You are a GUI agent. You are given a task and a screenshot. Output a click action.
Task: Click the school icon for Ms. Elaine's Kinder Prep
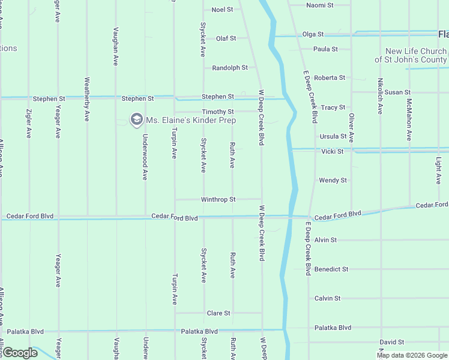pyautogui.click(x=136, y=120)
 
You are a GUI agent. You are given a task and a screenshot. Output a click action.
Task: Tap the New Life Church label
pyautogui.click(x=416, y=56)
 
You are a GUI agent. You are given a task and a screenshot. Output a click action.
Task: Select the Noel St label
pyautogui.click(x=221, y=10)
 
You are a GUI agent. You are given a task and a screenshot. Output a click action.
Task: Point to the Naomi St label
pyautogui.click(x=319, y=5)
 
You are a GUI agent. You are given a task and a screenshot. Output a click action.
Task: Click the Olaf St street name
pyautogui.click(x=226, y=38)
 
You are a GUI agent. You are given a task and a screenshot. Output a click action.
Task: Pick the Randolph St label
pyautogui.click(x=230, y=68)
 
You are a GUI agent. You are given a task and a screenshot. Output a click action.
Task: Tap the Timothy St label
pyautogui.click(x=217, y=112)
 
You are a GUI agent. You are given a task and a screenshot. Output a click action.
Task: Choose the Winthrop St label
pyautogui.click(x=218, y=199)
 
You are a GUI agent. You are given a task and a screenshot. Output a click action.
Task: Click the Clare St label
pyautogui.click(x=218, y=313)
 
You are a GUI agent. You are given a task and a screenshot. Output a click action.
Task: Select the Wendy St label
pyautogui.click(x=333, y=180)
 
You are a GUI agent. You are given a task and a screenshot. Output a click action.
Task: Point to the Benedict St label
pyautogui.click(x=331, y=269)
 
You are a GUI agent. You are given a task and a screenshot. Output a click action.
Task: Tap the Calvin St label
pyautogui.click(x=327, y=298)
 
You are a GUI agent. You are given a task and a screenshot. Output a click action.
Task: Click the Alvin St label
pyautogui.click(x=325, y=239)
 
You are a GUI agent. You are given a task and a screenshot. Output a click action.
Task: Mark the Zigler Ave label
pyautogui.click(x=29, y=124)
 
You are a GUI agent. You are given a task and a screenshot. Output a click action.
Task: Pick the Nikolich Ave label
pyautogui.click(x=380, y=96)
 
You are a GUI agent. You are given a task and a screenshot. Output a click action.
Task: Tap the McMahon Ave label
pyautogui.click(x=409, y=119)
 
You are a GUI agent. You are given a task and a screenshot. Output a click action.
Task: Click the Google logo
pyautogui.click(x=20, y=353)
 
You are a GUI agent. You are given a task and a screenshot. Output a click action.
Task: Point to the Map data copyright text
pyautogui.click(x=411, y=355)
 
